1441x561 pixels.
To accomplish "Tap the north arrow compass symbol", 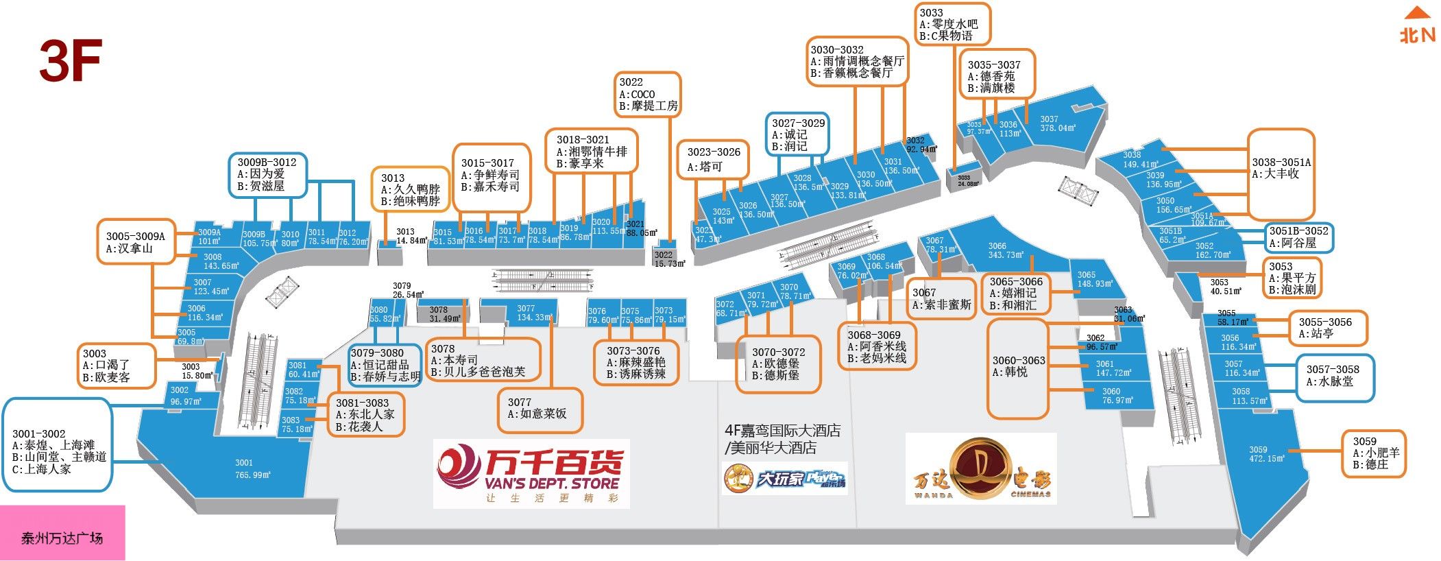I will (1416, 26).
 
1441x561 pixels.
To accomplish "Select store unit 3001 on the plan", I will (243, 468).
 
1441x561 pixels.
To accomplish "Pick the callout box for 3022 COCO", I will (647, 94).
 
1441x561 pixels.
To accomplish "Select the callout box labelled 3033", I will (952, 24).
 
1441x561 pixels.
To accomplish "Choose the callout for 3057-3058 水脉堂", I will (1334, 377).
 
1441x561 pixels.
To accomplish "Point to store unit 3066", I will (1005, 250).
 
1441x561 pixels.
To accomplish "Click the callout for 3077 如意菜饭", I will (540, 409).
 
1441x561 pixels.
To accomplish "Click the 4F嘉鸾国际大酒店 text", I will (782, 431).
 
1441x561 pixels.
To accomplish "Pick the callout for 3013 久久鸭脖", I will (410, 189).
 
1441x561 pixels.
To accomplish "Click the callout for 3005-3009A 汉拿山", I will (135, 241).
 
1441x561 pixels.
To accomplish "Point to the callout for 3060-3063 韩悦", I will (1017, 367).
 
